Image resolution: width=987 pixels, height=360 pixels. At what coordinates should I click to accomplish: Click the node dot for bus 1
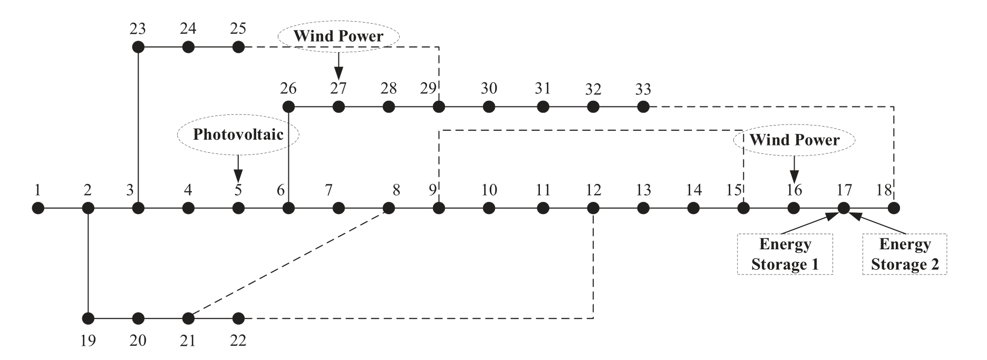(38, 208)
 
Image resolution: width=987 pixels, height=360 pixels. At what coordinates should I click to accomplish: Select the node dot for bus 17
(844, 208)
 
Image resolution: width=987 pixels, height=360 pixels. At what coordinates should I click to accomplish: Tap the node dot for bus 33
(643, 107)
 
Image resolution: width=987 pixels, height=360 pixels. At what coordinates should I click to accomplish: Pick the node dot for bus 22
(238, 318)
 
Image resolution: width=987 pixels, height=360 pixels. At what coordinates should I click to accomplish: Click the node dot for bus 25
(238, 47)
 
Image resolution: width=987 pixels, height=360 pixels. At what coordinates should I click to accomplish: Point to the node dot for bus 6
(288, 208)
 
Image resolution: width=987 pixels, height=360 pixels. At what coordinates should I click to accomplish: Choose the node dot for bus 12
(593, 208)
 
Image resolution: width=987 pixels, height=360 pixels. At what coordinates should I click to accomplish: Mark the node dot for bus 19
(88, 318)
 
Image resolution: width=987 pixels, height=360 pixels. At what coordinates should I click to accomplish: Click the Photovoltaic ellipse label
(238, 134)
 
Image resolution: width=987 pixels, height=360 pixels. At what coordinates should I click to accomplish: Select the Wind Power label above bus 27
(338, 36)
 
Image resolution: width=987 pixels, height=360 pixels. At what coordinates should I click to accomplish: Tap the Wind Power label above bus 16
(794, 140)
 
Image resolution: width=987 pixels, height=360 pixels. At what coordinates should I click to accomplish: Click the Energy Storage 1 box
(785, 254)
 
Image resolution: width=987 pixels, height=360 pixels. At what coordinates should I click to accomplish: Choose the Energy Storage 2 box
(905, 254)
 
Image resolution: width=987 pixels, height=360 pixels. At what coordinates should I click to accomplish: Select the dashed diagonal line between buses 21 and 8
(288, 263)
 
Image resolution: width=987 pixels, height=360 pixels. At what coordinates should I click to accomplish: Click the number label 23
(138, 28)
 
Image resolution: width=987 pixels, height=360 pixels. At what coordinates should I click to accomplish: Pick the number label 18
(884, 189)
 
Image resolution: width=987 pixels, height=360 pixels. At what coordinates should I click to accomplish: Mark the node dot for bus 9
(439, 208)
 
